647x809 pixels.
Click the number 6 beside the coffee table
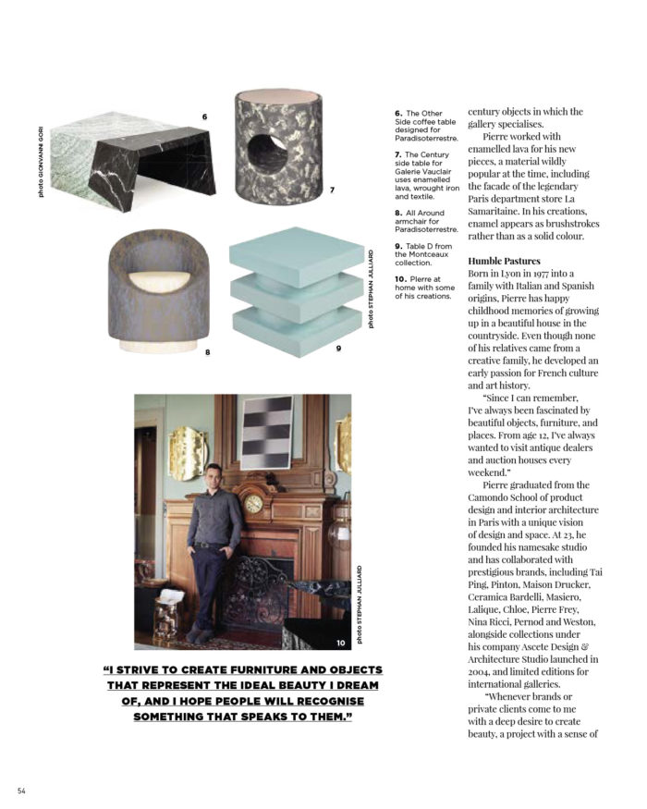click(x=204, y=116)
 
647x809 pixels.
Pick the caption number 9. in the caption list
click(x=399, y=245)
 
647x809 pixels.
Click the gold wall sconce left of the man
click(x=190, y=452)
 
